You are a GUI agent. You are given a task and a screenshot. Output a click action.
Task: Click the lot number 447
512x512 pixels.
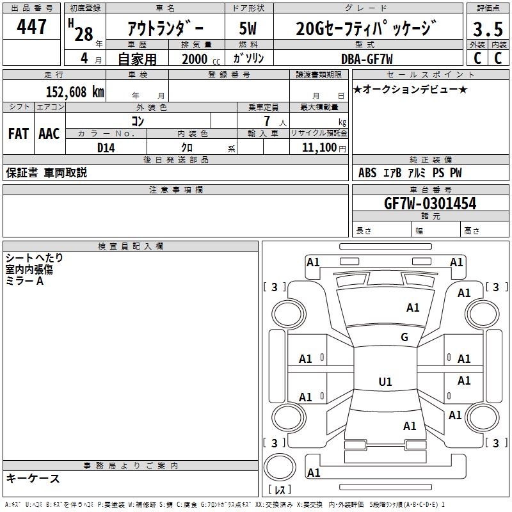click(x=33, y=28)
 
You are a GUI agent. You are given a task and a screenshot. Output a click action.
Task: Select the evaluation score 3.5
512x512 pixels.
click(x=486, y=30)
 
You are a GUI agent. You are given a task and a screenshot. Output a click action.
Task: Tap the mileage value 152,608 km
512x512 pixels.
click(x=75, y=92)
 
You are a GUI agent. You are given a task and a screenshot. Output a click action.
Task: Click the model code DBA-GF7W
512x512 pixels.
click(x=367, y=59)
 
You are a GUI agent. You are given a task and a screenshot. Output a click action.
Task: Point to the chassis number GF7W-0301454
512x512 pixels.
click(x=429, y=204)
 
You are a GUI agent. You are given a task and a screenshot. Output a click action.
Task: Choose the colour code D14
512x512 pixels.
click(x=106, y=147)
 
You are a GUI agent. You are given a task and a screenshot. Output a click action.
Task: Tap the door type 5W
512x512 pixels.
click(x=248, y=29)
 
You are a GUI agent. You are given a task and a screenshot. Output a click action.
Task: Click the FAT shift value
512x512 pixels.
click(x=18, y=134)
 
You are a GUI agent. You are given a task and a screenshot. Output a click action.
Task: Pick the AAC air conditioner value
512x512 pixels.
click(x=49, y=134)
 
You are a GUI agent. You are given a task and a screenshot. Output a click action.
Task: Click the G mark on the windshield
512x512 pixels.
click(x=404, y=337)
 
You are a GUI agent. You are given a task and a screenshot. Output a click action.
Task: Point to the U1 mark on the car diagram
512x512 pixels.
click(x=385, y=382)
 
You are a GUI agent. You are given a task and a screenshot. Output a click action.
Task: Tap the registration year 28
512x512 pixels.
click(x=83, y=33)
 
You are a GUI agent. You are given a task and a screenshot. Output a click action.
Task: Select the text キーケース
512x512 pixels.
click(x=33, y=478)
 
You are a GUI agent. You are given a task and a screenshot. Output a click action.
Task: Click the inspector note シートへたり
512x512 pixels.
click(x=35, y=258)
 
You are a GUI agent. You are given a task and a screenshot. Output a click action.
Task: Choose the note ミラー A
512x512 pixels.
click(x=25, y=282)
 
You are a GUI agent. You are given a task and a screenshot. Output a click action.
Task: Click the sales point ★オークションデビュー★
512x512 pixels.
click(x=410, y=89)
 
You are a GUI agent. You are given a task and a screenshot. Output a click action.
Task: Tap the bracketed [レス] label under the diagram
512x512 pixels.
click(x=282, y=490)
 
